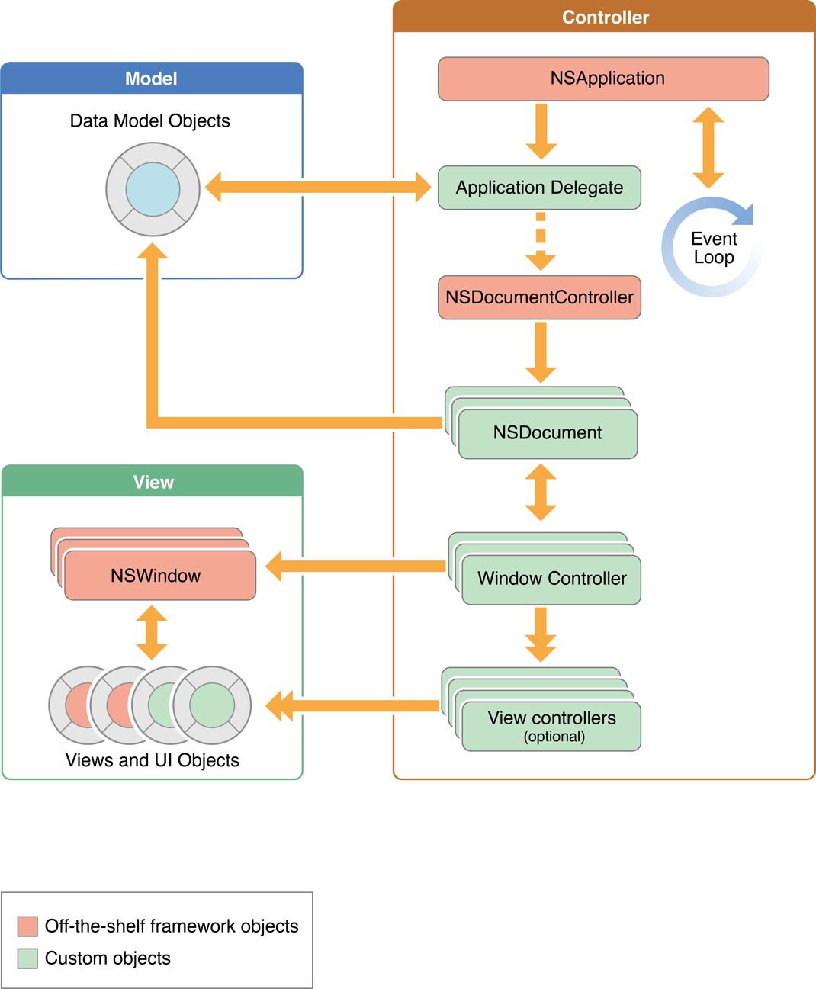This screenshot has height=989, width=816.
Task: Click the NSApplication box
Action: point(603,79)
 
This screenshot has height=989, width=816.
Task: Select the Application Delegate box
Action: point(539,188)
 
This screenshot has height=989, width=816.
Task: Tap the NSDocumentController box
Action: point(539,297)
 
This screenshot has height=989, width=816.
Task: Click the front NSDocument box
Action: point(548,433)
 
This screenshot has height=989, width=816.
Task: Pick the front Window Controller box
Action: point(551,579)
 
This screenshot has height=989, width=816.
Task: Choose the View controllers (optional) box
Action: point(551,726)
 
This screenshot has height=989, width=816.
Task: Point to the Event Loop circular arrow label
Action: point(714,248)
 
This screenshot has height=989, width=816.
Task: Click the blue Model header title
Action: point(151,79)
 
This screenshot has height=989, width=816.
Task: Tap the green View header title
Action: point(153,482)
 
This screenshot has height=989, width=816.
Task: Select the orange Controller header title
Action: point(606,18)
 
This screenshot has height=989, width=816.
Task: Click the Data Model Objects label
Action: point(149,120)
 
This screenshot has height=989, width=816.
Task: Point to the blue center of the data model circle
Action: point(153,189)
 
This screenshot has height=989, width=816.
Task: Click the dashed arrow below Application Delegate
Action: point(541,241)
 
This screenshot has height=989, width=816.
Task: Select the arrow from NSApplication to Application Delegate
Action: point(541,131)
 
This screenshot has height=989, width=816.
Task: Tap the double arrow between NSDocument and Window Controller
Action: point(541,493)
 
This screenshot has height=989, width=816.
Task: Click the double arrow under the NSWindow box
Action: point(152,632)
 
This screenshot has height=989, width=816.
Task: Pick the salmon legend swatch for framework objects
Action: point(27,926)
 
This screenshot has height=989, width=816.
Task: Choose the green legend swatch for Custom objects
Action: point(27,958)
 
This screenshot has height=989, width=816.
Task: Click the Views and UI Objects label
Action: point(153,760)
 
